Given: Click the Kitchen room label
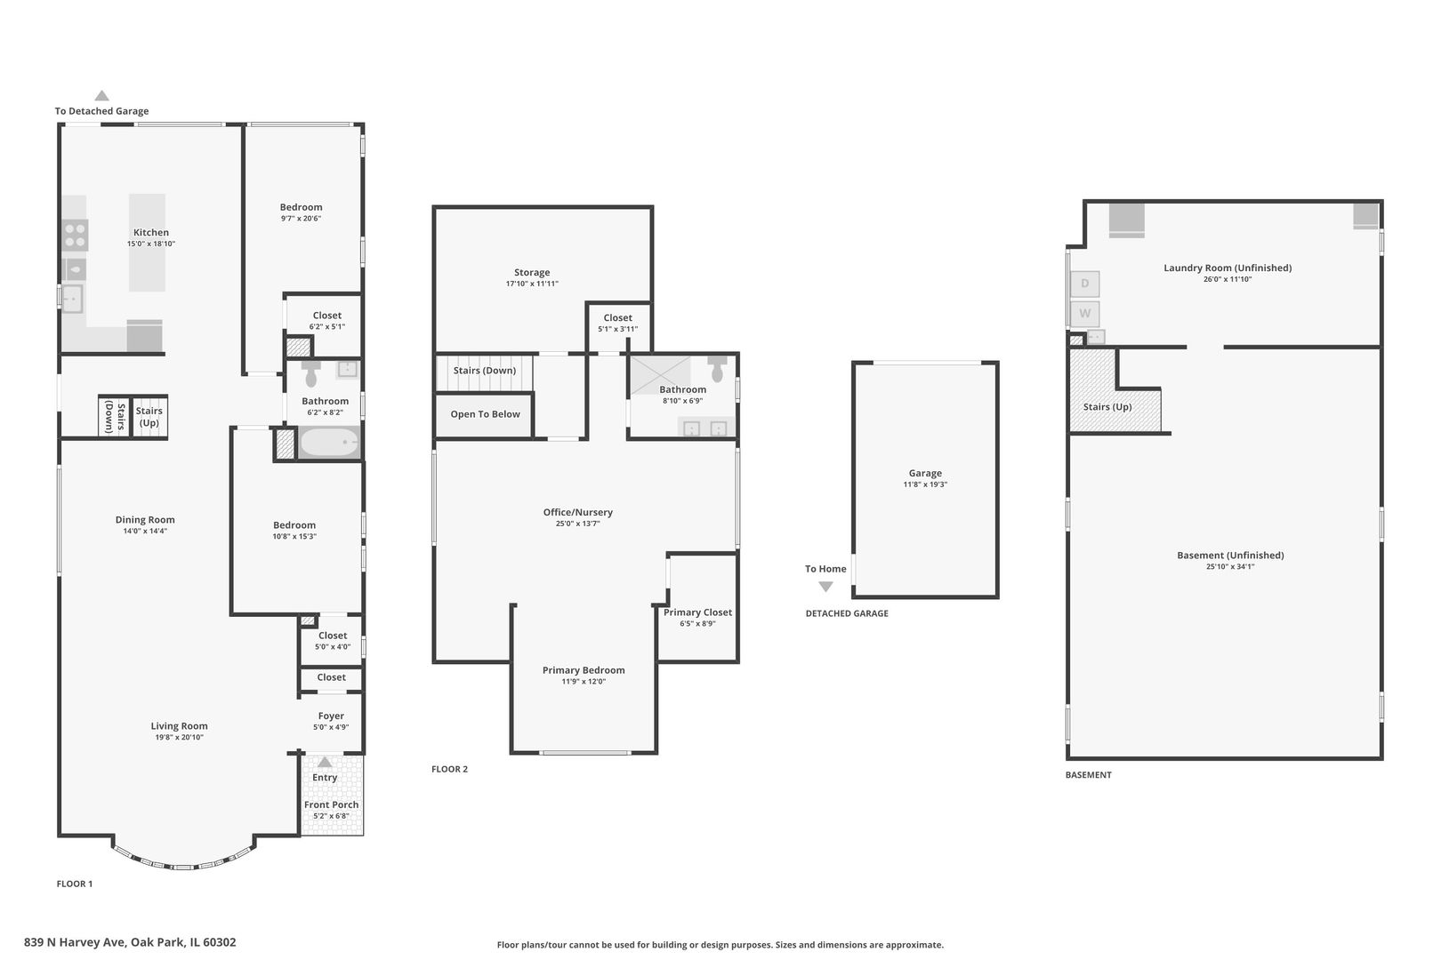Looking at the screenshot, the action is click(x=151, y=233).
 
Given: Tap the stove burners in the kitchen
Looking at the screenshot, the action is click(x=76, y=235).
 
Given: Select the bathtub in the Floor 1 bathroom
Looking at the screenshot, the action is click(x=330, y=443).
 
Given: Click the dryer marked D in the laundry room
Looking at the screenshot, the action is click(x=1084, y=284).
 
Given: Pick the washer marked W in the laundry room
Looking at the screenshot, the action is click(x=1084, y=314).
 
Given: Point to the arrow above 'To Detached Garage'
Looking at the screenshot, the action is click(x=101, y=96).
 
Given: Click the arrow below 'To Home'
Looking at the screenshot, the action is click(x=826, y=587).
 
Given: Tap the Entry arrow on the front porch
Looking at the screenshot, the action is click(x=325, y=762).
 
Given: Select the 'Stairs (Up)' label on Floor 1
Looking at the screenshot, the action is click(x=149, y=417).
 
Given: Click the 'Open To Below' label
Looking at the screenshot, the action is click(x=485, y=414).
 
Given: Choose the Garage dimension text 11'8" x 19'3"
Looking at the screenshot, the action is click(x=925, y=484).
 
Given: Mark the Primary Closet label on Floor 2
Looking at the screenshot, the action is click(x=698, y=612).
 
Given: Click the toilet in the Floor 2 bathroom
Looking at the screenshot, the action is click(x=717, y=368).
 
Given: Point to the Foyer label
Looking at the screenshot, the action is click(x=331, y=716).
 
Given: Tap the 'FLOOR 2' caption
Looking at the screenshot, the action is click(x=450, y=769).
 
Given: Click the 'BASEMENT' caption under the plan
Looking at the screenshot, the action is click(x=1089, y=775).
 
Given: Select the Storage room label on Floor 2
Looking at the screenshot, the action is click(x=532, y=273).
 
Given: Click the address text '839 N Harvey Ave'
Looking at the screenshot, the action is click(x=76, y=942).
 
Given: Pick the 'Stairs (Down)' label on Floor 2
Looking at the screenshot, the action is click(x=485, y=371).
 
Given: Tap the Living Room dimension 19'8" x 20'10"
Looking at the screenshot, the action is click(x=180, y=738).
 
